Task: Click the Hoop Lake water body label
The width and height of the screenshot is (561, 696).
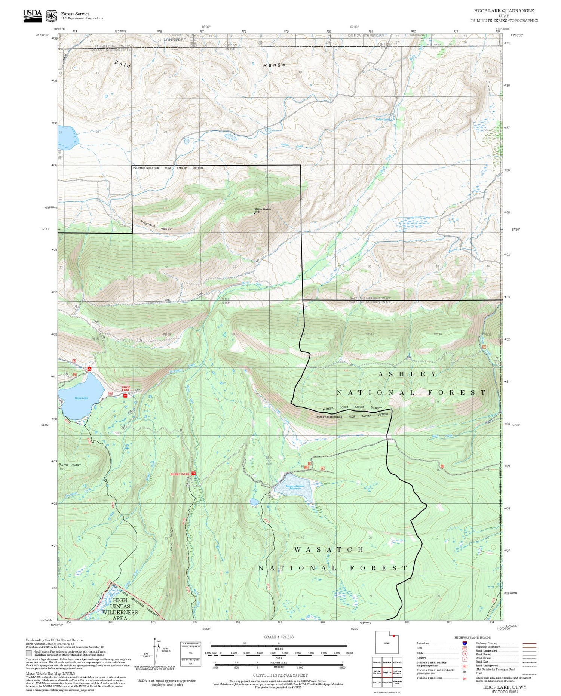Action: point(81,398)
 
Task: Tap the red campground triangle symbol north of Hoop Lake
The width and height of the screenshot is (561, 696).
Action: point(89,369)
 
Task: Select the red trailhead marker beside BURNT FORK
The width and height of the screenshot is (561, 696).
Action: point(194,474)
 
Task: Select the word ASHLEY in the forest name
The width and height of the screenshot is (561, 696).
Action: point(407,374)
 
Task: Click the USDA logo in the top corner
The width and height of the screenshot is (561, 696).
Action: point(33,15)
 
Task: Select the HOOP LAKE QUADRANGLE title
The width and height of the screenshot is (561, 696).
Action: point(504,11)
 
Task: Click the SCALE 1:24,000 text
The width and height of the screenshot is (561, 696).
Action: point(279,637)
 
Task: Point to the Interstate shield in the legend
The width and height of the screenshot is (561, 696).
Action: point(464,643)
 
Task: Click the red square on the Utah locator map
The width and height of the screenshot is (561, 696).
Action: point(394,635)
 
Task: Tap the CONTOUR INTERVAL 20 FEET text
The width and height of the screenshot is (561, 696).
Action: point(280,675)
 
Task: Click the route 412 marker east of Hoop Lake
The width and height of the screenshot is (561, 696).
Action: point(110,394)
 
